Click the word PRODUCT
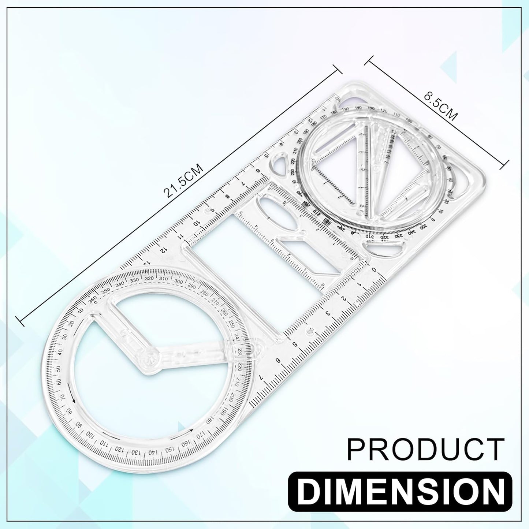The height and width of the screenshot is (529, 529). point(425,450)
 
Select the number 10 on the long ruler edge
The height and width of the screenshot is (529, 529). point(197,223)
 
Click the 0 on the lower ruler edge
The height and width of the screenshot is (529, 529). point(374,270)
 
